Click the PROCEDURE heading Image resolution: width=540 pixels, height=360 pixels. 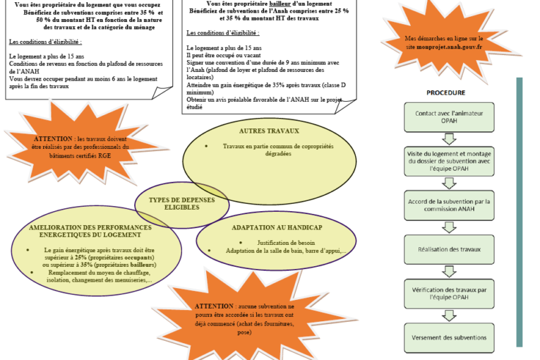(445, 92)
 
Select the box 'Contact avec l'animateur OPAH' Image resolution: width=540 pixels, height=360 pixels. (445, 117)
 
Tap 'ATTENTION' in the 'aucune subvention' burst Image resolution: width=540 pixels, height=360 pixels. (214, 306)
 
